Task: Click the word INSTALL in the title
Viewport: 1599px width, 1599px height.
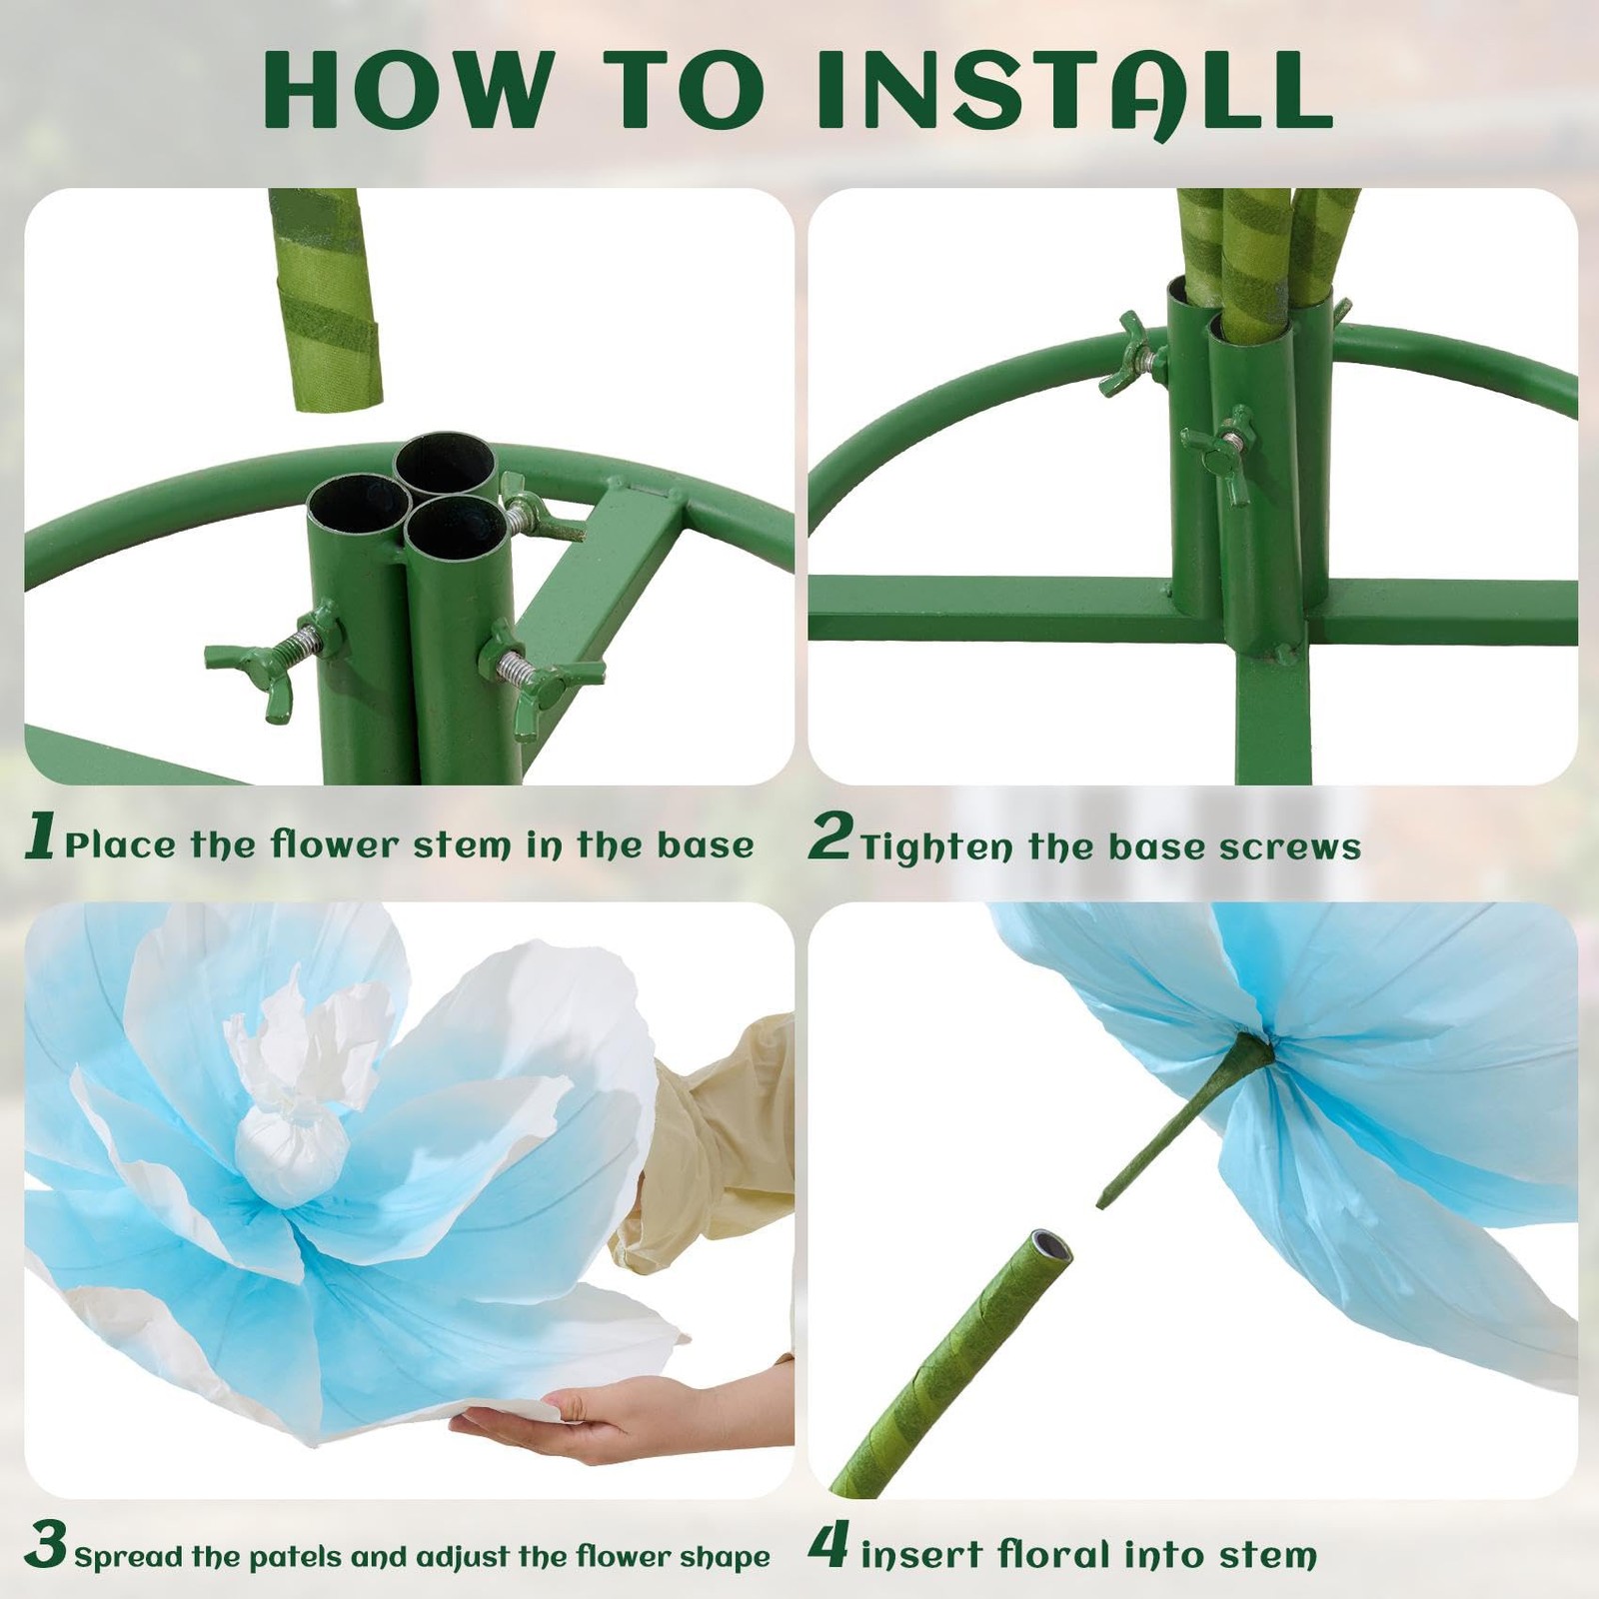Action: (x=1075, y=91)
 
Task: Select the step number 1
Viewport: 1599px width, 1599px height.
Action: (x=40, y=835)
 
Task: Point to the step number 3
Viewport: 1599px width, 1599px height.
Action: (x=46, y=1545)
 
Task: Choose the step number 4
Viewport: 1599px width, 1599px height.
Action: (x=828, y=1545)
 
